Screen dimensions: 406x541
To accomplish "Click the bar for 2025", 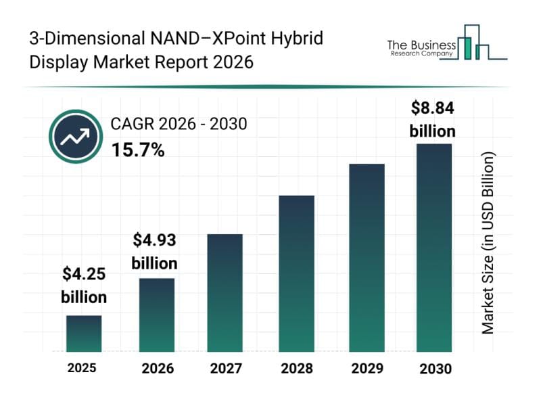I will tap(84, 334).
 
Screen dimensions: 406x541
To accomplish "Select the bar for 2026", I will tap(157, 315).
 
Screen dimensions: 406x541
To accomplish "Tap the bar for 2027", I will tap(225, 292).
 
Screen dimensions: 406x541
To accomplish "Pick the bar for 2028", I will tap(296, 273).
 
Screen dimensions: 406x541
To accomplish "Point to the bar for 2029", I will tap(367, 257).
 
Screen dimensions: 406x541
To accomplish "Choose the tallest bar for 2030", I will tap(433, 248).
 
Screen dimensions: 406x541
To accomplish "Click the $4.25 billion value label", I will tap(84, 286).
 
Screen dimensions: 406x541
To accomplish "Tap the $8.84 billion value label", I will tap(433, 119).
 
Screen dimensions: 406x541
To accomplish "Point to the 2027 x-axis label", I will tap(225, 369).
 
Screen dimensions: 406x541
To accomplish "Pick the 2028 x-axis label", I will tap(296, 369).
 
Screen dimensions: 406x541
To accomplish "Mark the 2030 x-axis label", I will tap(434, 369).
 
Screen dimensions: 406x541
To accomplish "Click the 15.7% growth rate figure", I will tap(137, 150).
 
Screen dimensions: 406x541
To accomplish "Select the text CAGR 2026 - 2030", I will tap(179, 124).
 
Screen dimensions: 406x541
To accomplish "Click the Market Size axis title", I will tap(488, 242).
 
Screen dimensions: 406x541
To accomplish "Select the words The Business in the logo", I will tap(419, 45).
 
